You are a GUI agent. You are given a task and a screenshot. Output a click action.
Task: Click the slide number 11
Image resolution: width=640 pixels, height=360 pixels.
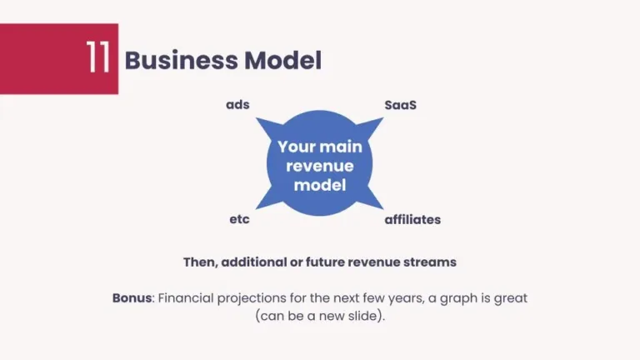[x=97, y=59]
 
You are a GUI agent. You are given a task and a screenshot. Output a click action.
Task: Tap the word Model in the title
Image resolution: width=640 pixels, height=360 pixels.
[x=282, y=60]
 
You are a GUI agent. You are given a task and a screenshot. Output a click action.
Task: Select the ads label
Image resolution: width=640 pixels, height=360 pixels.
[x=237, y=105]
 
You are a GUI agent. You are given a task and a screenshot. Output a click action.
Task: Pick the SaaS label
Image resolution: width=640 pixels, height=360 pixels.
[x=400, y=105]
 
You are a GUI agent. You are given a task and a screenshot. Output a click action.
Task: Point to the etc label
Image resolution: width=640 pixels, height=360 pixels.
[x=239, y=220]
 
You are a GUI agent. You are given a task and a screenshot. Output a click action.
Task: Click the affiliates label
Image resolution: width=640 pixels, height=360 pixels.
[x=412, y=220]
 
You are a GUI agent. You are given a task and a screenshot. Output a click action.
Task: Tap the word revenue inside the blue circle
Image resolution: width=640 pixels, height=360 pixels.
[x=320, y=166]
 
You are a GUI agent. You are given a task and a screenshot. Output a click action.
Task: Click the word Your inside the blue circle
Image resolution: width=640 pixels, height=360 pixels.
[x=297, y=147]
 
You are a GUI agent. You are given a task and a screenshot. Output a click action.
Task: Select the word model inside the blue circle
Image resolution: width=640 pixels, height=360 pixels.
[x=320, y=185]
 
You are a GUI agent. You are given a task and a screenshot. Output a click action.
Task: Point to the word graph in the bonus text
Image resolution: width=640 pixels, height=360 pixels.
[x=467, y=297]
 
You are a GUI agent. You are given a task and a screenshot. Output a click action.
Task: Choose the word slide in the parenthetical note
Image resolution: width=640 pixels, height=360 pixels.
[x=362, y=317]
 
